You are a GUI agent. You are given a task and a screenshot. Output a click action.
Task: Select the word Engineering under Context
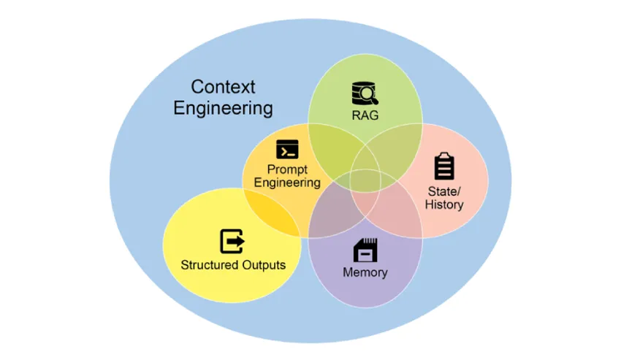[x=223, y=109]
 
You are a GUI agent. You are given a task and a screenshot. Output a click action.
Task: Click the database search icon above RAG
[x=365, y=93]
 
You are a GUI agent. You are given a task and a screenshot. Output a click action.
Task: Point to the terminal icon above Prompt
[x=287, y=149]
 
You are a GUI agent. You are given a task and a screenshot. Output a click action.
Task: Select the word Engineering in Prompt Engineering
[x=287, y=183]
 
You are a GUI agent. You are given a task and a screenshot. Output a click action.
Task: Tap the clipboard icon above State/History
[x=444, y=166]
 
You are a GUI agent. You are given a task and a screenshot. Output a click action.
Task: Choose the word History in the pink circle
[x=444, y=205]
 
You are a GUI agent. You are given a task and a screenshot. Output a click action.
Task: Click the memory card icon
[x=365, y=250]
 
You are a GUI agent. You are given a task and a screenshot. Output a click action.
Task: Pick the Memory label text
[x=365, y=272]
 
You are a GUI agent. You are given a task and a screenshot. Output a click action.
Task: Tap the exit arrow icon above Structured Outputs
[x=232, y=242]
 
